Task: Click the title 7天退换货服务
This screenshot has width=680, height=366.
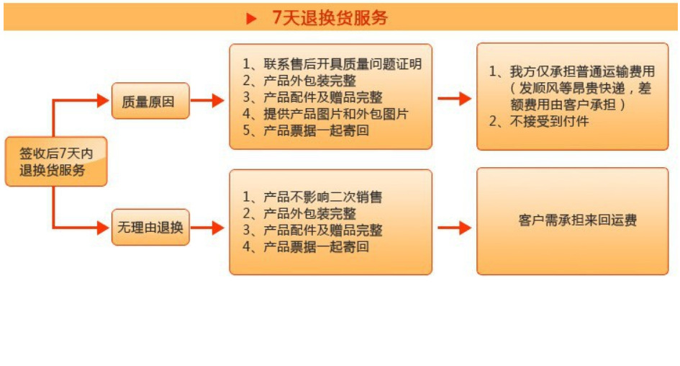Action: click(330, 17)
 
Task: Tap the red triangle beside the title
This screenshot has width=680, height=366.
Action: click(251, 18)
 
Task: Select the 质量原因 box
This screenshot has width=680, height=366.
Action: click(150, 101)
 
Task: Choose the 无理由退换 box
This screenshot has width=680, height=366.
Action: click(150, 228)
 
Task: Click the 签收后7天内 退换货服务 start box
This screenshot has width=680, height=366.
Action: click(56, 161)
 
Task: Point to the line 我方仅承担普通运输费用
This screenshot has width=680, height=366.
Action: click(572, 71)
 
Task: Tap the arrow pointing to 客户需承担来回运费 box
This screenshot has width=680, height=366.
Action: click(455, 228)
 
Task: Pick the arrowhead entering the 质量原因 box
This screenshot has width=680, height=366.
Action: click(104, 101)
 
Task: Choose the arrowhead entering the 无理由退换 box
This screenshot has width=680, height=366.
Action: click(104, 228)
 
